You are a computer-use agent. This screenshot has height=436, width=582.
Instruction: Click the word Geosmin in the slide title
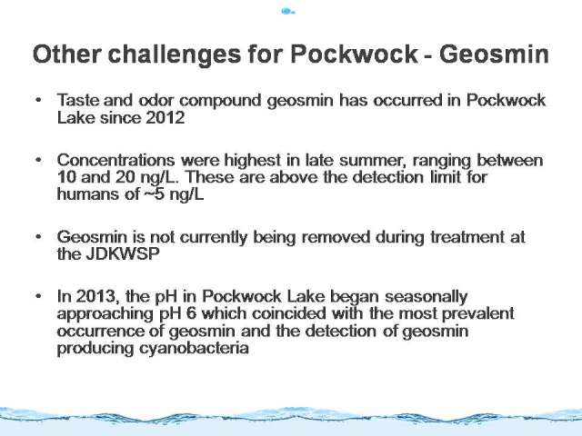(494, 54)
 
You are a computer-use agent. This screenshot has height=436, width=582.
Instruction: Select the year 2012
(166, 118)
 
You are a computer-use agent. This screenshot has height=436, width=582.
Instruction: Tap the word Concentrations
(115, 160)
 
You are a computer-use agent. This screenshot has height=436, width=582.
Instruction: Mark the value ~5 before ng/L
(154, 193)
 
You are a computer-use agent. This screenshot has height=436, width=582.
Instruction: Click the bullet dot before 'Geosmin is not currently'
(38, 236)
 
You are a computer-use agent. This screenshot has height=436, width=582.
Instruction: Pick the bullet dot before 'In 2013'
(38, 296)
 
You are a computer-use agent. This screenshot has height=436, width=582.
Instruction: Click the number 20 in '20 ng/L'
(125, 177)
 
